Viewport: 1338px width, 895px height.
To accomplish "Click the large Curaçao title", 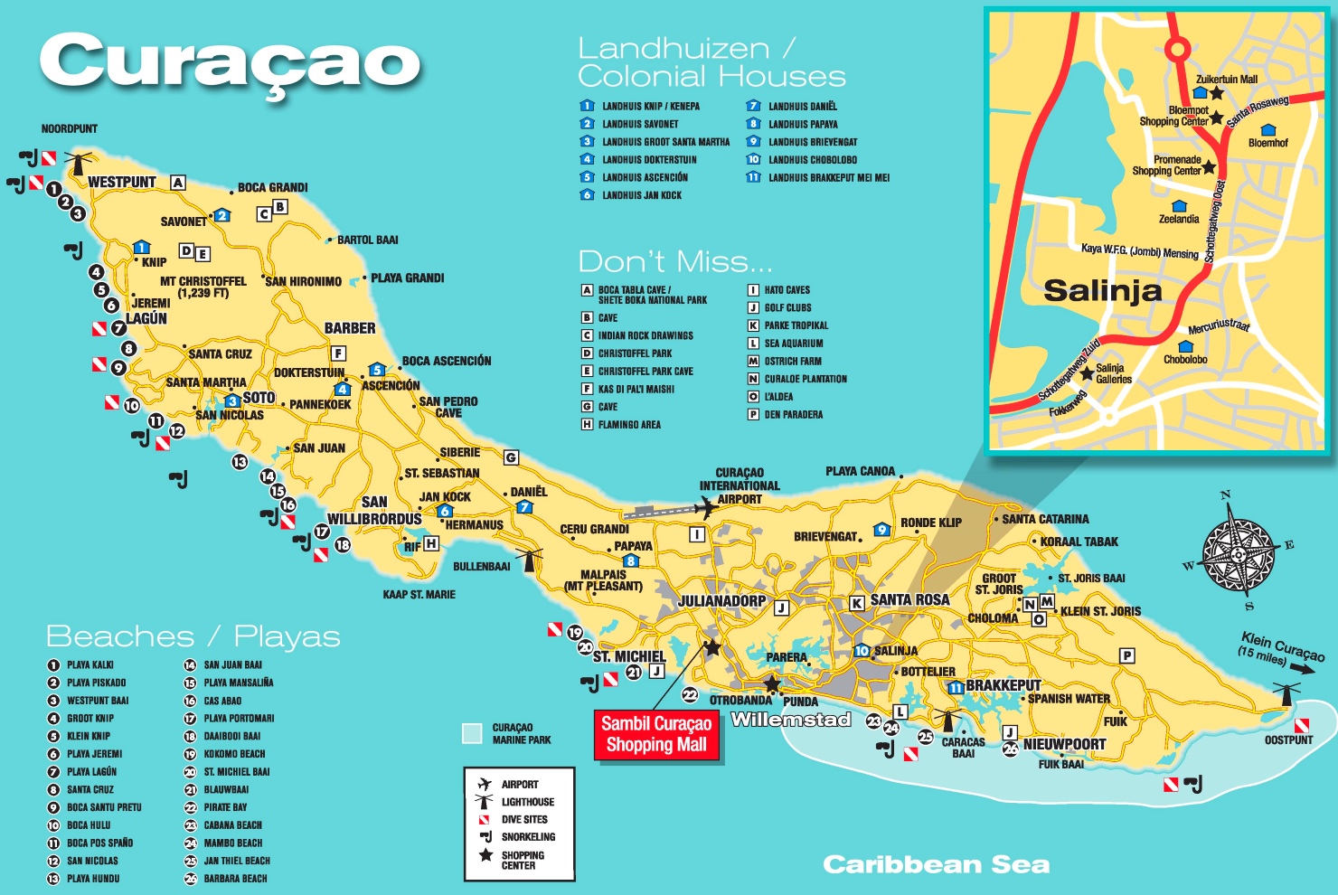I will tap(230, 63).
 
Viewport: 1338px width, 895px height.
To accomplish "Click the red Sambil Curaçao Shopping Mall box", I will tap(656, 734).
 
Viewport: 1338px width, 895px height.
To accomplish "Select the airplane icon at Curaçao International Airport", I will tap(705, 508).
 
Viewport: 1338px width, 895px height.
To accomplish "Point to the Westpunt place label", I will tap(121, 183).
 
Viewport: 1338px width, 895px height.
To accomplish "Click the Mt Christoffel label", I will tap(203, 287).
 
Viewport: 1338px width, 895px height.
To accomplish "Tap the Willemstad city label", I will tap(791, 720).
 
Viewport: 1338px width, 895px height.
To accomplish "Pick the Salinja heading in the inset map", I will tap(1102, 291).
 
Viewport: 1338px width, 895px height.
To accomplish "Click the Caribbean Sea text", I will tap(936, 865).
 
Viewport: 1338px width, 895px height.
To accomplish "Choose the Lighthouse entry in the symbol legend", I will tap(527, 802).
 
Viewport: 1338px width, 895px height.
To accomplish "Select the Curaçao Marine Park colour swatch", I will tap(472, 733).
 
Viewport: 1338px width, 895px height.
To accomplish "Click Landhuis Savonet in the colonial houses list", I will tap(639, 124).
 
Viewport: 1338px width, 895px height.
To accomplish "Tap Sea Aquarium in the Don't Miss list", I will tap(793, 344).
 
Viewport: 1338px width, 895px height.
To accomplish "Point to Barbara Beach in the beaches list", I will tap(235, 879).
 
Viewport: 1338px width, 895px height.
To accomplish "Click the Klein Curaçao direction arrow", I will tap(1302, 668).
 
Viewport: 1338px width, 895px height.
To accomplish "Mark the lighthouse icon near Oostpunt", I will tap(1286, 695).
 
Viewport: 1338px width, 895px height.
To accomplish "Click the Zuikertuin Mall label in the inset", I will tap(1226, 80).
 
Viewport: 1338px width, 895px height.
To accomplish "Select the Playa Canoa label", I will tap(860, 471).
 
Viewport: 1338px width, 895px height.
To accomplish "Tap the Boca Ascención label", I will tap(447, 361).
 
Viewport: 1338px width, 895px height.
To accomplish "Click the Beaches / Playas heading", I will tap(193, 637).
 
